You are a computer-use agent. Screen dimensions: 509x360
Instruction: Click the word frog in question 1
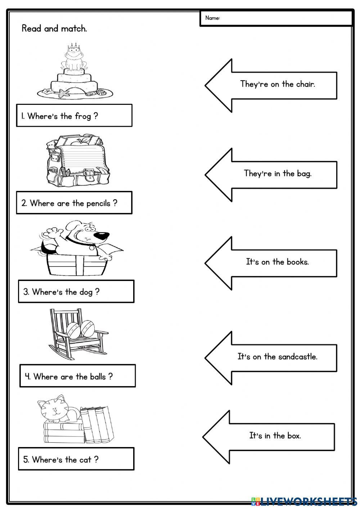[83, 116]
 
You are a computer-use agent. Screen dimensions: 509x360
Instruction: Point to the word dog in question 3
[86, 292]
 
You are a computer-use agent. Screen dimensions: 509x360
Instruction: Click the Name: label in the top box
[212, 18]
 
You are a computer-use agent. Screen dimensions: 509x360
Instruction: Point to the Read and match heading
[54, 29]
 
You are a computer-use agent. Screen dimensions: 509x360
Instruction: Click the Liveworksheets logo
[304, 501]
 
